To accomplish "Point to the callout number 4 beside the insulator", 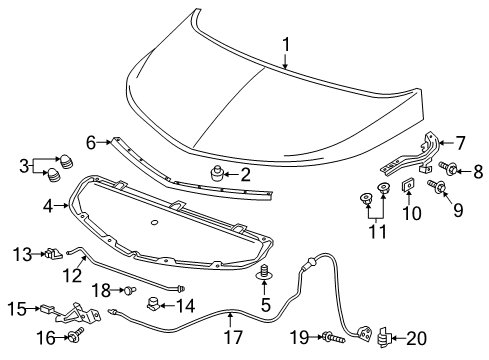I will coord(49,207).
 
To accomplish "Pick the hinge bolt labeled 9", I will coord(437,186).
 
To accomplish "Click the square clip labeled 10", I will coord(408,185).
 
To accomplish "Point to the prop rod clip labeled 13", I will coord(54,253).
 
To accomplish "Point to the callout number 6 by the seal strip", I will coord(89,143).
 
